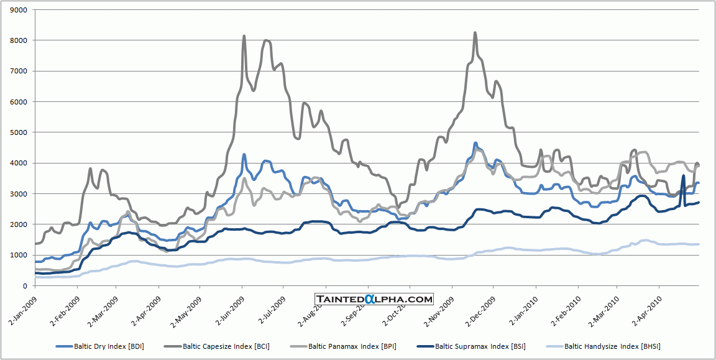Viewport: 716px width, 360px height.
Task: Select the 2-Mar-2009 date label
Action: [x=103, y=307]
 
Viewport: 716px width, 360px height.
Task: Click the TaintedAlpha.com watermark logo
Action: [x=374, y=299]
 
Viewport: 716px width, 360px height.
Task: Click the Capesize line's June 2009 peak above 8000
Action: [x=244, y=36]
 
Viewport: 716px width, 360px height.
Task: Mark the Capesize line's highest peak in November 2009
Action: [x=475, y=33]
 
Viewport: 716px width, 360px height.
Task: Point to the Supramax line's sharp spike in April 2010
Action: [x=684, y=176]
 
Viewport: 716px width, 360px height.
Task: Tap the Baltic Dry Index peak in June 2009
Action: [x=244, y=154]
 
